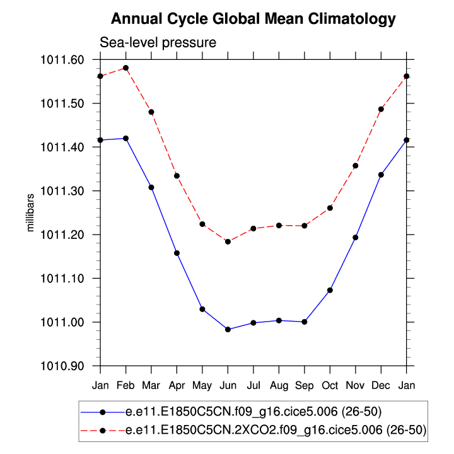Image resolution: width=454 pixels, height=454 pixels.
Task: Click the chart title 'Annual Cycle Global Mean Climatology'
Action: [253, 19]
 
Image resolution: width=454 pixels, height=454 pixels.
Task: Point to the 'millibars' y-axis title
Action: [30, 212]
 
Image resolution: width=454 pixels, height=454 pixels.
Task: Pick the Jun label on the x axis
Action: [228, 385]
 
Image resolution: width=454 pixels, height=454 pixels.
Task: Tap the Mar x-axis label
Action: [151, 385]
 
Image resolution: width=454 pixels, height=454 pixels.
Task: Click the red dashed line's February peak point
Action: [126, 67]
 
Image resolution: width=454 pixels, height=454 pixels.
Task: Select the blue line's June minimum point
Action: [228, 329]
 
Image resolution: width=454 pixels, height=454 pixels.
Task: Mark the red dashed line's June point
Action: [228, 242]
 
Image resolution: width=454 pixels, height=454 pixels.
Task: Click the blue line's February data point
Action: [126, 138]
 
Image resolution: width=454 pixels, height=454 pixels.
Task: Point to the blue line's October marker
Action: [330, 290]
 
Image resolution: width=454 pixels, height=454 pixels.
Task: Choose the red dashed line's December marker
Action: [381, 109]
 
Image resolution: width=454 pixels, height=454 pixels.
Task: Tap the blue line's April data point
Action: [177, 253]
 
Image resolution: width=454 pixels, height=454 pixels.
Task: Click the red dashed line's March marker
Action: [151, 112]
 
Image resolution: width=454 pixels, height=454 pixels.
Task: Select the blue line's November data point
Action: [356, 238]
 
